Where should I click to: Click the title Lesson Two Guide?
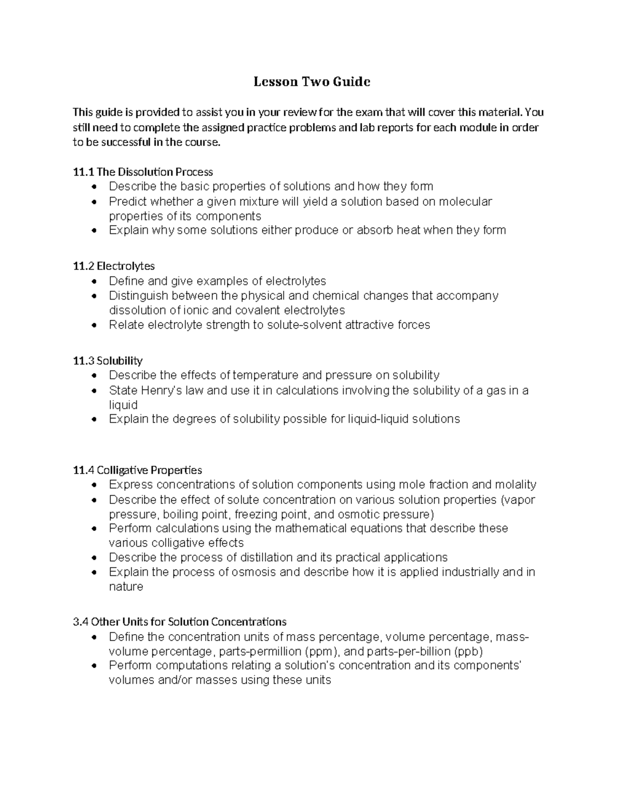(312, 82)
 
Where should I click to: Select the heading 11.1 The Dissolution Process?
(143, 171)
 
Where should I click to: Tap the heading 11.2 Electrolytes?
(114, 266)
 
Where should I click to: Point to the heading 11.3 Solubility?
(108, 360)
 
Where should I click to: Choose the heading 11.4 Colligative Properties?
(137, 470)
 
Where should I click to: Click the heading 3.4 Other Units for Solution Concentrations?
(180, 621)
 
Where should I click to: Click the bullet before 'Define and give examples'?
(93, 281)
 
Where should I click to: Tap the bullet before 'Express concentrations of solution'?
(93, 485)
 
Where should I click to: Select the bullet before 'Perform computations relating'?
(93, 666)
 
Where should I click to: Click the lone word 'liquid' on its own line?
(123, 405)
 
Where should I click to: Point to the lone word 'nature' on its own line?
(126, 587)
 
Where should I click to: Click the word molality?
(515, 485)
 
